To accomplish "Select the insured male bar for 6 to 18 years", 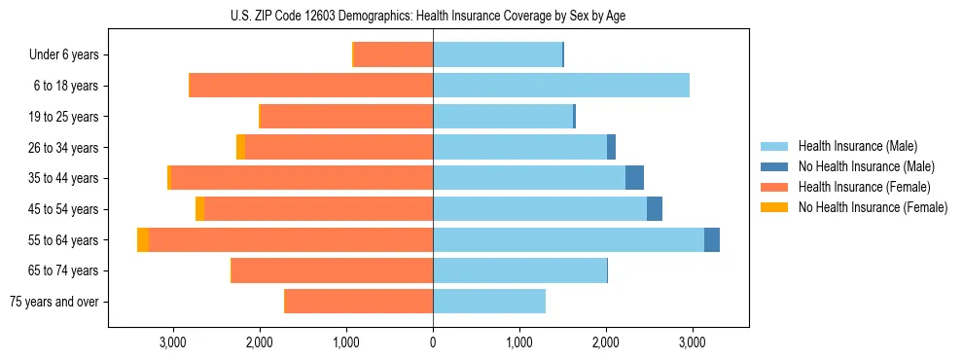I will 561,86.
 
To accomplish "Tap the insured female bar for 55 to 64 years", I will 291,240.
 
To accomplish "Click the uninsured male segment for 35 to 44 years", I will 634,178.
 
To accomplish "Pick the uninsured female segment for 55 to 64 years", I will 143,240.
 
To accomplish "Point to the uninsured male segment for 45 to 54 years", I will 655,209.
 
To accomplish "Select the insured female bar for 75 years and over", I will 358,302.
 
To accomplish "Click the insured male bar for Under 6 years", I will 497,54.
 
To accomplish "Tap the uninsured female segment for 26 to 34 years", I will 240,147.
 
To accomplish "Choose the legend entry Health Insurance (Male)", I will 857,146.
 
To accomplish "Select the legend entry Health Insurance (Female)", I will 864,187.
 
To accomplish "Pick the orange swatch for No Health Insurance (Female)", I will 774,207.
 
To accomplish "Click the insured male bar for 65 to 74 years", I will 519,270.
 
